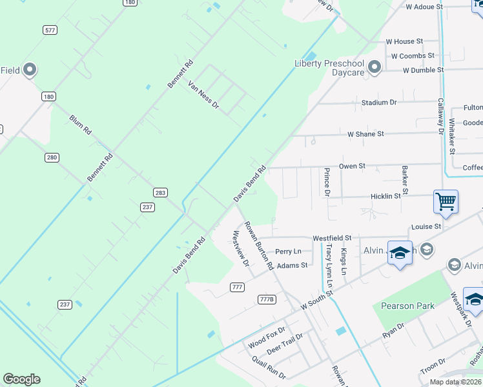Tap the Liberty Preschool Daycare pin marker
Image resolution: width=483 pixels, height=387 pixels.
pos(375,66)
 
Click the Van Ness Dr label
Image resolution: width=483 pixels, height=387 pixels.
pos(203,94)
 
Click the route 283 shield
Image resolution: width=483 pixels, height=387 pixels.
pos(161,192)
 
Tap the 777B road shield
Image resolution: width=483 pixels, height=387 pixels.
pos(267,299)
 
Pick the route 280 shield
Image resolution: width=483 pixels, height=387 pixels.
pos(52,157)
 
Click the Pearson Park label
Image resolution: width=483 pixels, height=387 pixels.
pos(407,306)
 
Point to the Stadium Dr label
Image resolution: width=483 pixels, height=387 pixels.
pos(379,103)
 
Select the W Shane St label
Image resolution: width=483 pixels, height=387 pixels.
pos(365,134)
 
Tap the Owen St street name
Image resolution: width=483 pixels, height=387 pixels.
pos(353,166)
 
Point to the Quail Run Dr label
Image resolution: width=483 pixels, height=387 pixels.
pos(269,367)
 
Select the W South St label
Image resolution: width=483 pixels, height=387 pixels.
pos(316,302)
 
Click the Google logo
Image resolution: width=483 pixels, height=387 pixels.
pos(22,379)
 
